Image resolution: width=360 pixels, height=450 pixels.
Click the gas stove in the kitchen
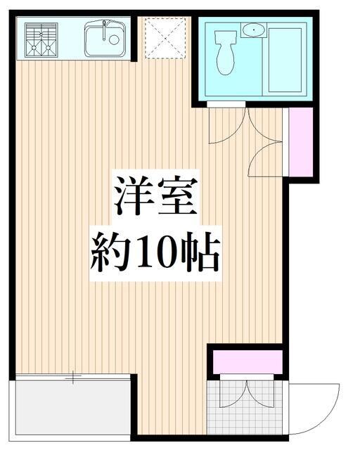point(40,39)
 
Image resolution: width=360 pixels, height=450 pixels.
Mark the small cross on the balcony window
point(73,378)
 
